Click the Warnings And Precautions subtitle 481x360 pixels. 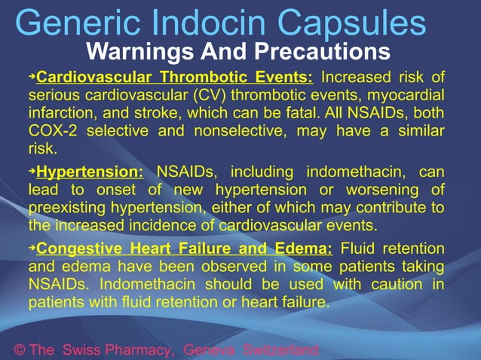(238, 53)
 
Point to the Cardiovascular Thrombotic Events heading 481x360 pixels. (174, 78)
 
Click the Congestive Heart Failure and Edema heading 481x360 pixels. (184, 249)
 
